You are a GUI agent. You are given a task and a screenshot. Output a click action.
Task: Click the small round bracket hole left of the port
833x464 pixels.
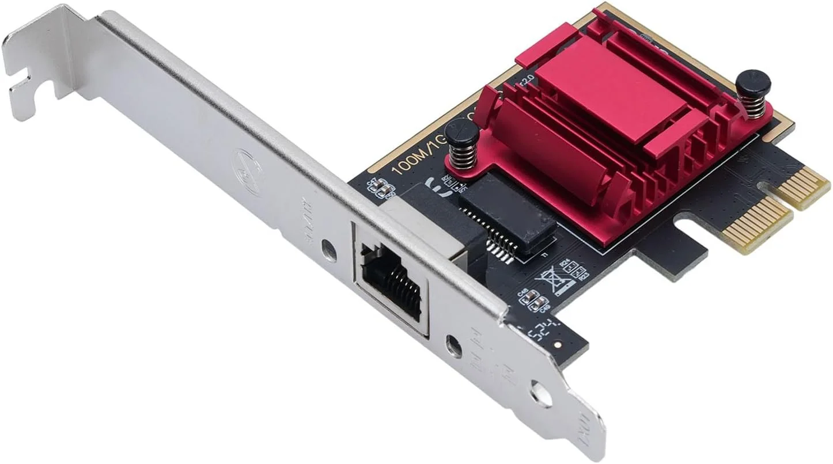328,249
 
